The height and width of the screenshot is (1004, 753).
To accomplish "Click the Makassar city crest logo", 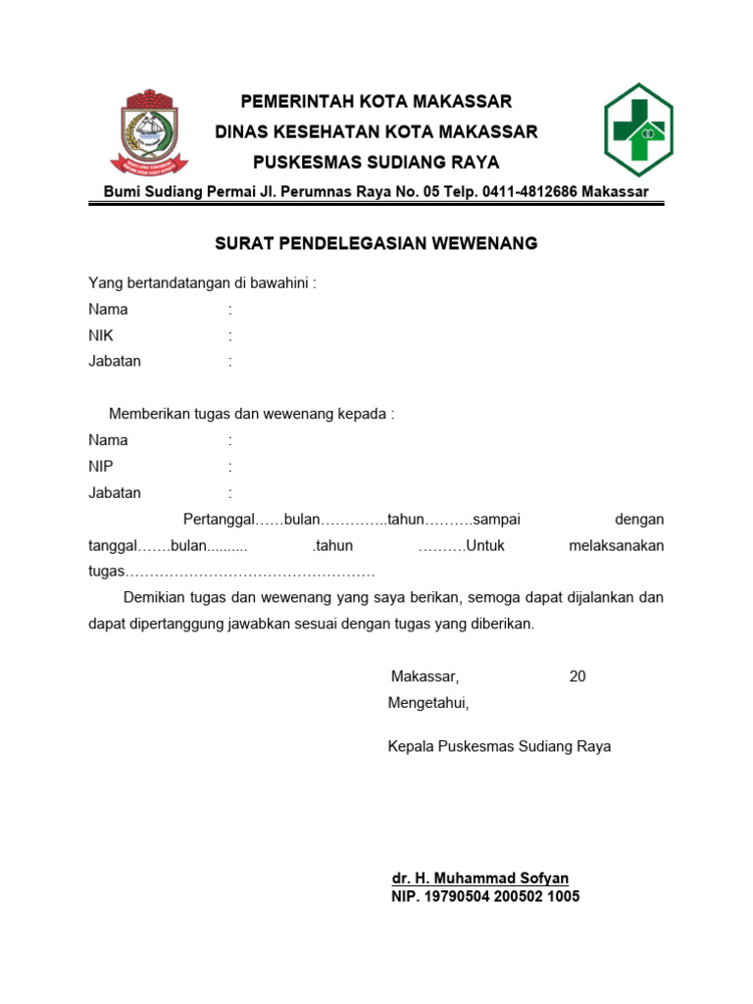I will [x=149, y=131].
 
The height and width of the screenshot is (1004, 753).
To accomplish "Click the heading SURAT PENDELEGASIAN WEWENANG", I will [x=376, y=243].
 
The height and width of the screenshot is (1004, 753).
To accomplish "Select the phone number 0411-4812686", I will [x=529, y=192].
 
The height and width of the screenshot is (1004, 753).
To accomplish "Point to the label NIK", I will [x=101, y=335].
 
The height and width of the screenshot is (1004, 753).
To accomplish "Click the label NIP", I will [x=101, y=467].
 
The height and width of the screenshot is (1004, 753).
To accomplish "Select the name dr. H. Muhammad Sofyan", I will [x=479, y=878].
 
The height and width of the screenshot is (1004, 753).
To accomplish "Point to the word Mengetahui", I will [x=428, y=703].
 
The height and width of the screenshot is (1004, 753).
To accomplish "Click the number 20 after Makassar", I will [x=577, y=677].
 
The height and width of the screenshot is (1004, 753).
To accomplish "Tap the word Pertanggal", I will [x=219, y=519].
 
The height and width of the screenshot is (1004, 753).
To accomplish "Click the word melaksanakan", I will [x=616, y=545].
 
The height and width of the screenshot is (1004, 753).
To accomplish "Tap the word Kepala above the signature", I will [x=411, y=746].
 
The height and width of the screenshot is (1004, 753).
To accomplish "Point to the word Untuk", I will [x=484, y=545].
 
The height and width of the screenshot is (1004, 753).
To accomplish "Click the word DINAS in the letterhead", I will [x=242, y=131].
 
